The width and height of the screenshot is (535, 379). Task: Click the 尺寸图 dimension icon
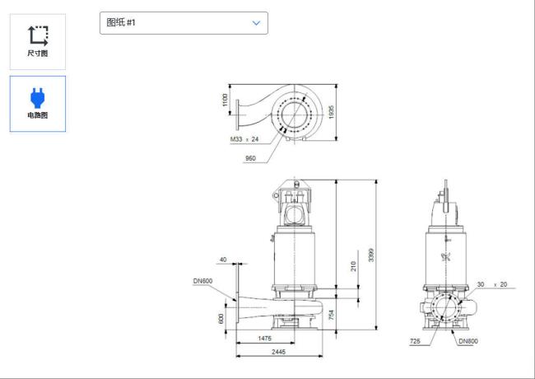tap(38, 36)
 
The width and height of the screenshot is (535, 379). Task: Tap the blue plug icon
tap(38, 98)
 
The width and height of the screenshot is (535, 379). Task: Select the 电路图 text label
tap(38, 115)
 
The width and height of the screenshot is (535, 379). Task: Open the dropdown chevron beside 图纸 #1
tap(256, 23)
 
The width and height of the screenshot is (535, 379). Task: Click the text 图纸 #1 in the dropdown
tap(121, 22)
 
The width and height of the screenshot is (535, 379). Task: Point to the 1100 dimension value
tap(225, 100)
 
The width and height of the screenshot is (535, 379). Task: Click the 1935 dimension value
tap(331, 112)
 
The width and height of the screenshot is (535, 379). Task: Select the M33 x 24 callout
tap(244, 139)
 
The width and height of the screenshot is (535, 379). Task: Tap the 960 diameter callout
tap(250, 158)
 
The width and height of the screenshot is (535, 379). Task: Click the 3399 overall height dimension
tap(371, 255)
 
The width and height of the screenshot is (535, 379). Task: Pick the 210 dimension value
tap(353, 266)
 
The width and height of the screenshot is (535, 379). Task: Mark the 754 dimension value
tap(332, 316)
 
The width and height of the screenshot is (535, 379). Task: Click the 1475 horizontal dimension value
tap(265, 339)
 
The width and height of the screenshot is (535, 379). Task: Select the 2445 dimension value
tap(279, 352)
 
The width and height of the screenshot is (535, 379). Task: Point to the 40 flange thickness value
tap(223, 260)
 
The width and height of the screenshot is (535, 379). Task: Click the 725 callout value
tap(415, 341)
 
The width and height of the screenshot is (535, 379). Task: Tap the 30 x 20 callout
tap(492, 284)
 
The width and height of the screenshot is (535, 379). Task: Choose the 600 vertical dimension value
tap(221, 319)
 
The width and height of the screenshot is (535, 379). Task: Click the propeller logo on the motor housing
tap(446, 257)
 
